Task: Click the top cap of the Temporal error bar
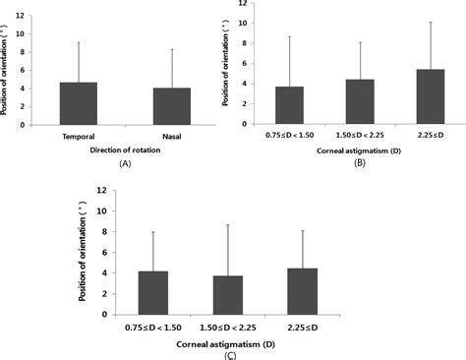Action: [x=78, y=41]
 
